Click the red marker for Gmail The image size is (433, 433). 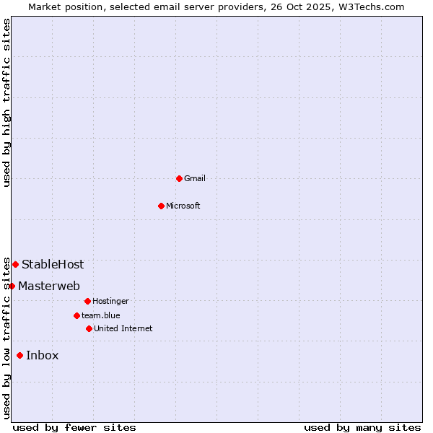(179, 178)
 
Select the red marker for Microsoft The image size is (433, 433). (161, 206)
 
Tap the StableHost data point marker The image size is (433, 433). (15, 264)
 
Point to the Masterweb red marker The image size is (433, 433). (12, 286)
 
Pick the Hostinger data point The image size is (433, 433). (87, 301)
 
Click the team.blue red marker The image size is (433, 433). (76, 315)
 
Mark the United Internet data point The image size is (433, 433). (89, 328)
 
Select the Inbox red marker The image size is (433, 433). (19, 355)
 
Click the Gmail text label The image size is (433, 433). (195, 178)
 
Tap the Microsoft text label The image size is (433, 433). (183, 206)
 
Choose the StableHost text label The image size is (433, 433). (53, 264)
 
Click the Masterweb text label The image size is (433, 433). (49, 286)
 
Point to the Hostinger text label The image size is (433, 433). (110, 301)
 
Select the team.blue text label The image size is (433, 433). (101, 315)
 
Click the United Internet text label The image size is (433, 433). (123, 328)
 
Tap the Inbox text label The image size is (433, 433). (43, 355)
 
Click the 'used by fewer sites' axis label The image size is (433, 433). (74, 427)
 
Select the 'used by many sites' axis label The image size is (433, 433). (362, 427)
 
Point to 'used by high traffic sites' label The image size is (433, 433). (6, 102)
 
